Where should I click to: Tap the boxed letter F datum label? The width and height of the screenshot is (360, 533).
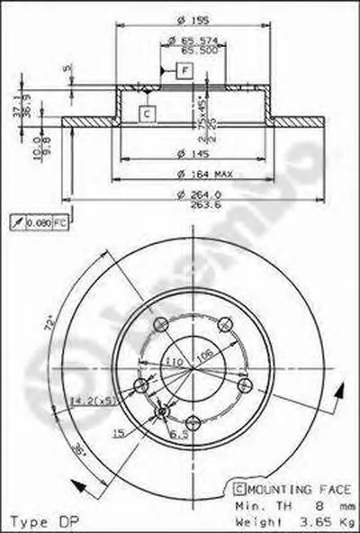click(184, 70)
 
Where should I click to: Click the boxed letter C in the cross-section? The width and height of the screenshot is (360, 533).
click(147, 113)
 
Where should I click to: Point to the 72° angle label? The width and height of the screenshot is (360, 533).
click(49, 321)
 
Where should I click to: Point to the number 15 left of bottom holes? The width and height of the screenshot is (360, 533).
click(117, 433)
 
